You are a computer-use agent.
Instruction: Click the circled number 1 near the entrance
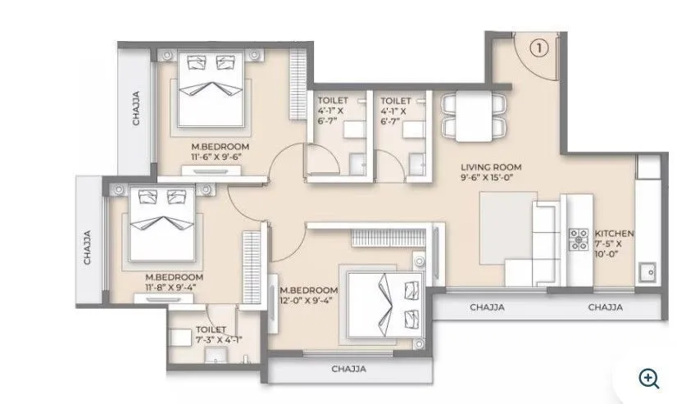pos(538,48)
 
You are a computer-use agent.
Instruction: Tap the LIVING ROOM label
pos(491,167)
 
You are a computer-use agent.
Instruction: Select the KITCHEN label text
pos(613,233)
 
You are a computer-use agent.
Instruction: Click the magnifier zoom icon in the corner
pos(649,377)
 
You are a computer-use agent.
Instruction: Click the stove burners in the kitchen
pos(578,238)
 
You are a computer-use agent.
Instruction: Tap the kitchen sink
pos(649,270)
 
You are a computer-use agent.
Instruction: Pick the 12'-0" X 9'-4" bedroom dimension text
pos(308,301)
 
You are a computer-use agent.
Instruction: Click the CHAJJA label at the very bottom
pos(348,368)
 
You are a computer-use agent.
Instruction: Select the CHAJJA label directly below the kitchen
pos(605,308)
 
